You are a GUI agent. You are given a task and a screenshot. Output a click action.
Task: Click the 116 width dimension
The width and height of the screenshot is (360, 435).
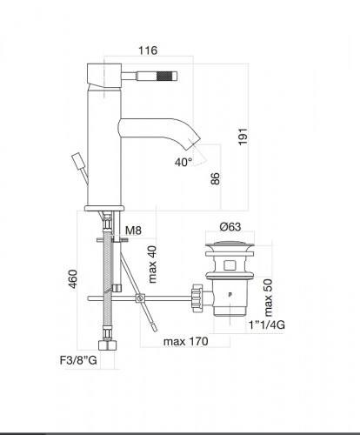pos(148,50)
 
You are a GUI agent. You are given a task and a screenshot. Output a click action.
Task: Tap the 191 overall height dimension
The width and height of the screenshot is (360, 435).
pos(243,137)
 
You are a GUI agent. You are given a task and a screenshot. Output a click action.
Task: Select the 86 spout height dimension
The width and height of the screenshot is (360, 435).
pos(216,178)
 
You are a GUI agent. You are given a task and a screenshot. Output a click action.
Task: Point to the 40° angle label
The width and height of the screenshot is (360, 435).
pos(183,162)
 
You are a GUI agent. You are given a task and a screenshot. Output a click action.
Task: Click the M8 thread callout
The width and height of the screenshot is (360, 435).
pos(134,231)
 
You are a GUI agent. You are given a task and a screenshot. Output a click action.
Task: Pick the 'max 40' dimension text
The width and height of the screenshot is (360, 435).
pos(152,264)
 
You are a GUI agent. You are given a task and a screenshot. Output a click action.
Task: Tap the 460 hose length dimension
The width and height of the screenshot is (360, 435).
pos(73,279)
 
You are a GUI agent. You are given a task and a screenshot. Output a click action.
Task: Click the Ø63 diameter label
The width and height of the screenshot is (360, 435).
pos(230,226)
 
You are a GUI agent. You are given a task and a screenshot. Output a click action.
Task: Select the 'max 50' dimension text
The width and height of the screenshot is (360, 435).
pos(268,298)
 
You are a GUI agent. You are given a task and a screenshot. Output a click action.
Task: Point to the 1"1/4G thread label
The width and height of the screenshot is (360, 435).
pos(267,325)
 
